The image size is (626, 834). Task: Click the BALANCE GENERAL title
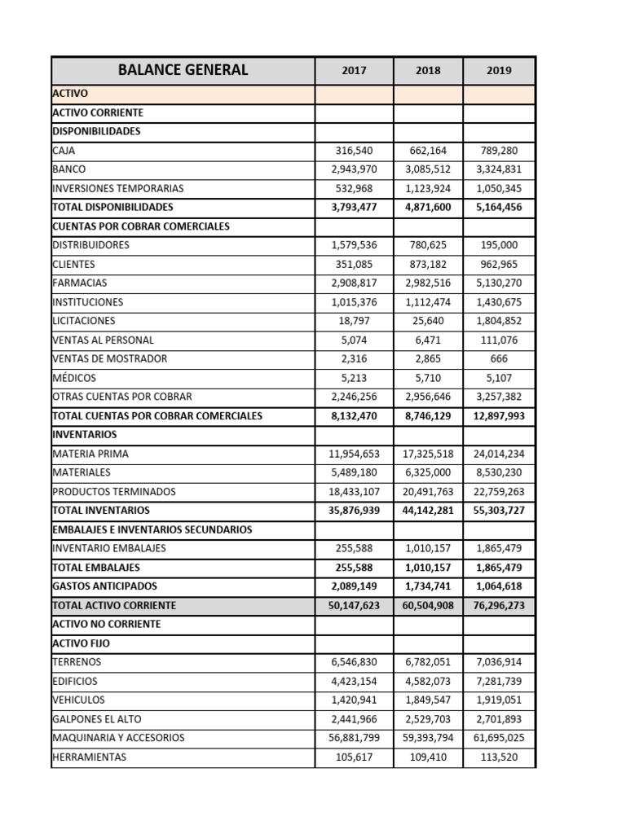(x=183, y=70)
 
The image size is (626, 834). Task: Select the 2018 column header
(x=428, y=71)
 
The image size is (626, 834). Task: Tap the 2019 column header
(x=499, y=71)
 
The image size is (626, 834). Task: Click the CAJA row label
(x=64, y=151)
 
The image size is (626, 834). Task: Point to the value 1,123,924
(x=428, y=188)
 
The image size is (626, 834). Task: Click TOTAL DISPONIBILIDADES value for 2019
(x=499, y=207)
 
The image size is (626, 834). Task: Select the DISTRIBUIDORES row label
(x=90, y=245)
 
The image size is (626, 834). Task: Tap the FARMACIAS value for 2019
(x=499, y=283)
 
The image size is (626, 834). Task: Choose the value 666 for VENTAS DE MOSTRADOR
(x=499, y=358)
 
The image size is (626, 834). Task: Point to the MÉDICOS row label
(x=74, y=378)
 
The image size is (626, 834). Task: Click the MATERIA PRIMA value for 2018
(x=428, y=454)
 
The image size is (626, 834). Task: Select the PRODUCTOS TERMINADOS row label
(x=113, y=492)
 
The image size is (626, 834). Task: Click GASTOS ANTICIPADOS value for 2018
(x=428, y=586)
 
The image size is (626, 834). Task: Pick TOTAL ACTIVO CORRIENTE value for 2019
(x=499, y=606)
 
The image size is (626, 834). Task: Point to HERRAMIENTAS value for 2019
(x=499, y=757)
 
